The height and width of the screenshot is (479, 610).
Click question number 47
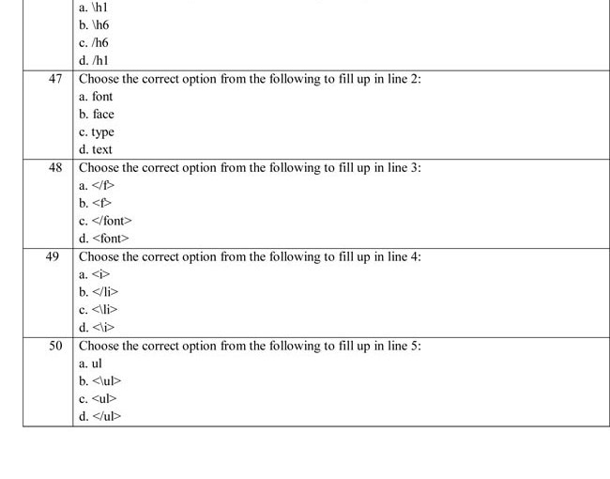[55, 79]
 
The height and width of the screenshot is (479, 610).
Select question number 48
[55, 167]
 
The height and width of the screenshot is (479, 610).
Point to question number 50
[55, 346]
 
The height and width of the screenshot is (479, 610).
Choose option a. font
[96, 97]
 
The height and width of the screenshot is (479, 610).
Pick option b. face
[97, 115]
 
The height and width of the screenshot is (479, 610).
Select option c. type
[97, 132]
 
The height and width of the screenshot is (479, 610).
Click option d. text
[96, 149]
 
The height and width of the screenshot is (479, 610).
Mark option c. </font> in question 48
[105, 221]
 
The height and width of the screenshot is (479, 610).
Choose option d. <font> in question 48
[104, 239]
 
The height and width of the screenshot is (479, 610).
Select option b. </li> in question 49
[99, 292]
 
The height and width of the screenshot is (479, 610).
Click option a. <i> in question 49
[95, 274]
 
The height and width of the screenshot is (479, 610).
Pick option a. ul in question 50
[91, 363]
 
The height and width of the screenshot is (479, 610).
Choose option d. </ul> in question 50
[100, 416]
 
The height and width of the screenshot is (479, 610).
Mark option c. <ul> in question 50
[99, 398]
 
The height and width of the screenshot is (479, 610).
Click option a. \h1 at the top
[94, 8]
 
